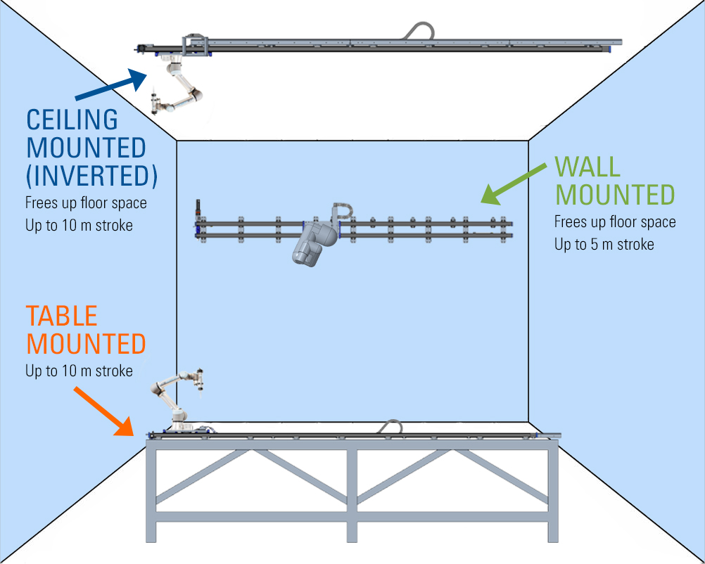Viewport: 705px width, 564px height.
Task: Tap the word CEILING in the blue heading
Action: tap(72, 120)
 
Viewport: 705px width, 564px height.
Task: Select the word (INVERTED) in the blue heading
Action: tap(91, 176)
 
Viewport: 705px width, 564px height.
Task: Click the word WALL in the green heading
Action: tap(587, 167)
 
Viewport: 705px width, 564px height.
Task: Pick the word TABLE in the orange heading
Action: tap(62, 316)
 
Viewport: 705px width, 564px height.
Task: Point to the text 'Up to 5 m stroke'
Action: tap(604, 245)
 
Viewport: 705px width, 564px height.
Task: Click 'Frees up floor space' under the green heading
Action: tap(615, 222)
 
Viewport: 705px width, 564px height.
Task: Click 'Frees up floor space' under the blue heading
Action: tap(86, 203)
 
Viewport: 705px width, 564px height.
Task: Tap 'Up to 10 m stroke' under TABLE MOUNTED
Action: tap(79, 371)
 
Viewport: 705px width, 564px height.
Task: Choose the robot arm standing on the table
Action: tap(173, 398)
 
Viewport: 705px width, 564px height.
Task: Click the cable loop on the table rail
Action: tap(390, 426)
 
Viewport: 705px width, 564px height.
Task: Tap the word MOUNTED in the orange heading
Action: tap(86, 344)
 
